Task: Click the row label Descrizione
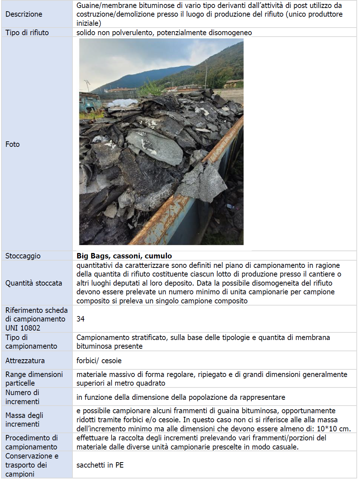point(24,14)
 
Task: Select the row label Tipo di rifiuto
point(27,33)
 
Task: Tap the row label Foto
point(13,144)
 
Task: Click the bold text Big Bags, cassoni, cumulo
point(124,256)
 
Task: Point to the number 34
point(80,319)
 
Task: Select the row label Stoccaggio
point(23,256)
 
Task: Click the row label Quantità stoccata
point(34,283)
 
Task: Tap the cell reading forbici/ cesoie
point(99,361)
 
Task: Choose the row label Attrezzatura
point(25,361)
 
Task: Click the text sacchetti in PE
point(100,465)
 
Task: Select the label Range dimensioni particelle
point(34,379)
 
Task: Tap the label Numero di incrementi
point(22,397)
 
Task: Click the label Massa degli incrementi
point(24,420)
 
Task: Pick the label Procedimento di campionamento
point(32,442)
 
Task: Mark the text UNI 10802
point(23,328)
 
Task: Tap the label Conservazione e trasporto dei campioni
point(32,465)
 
